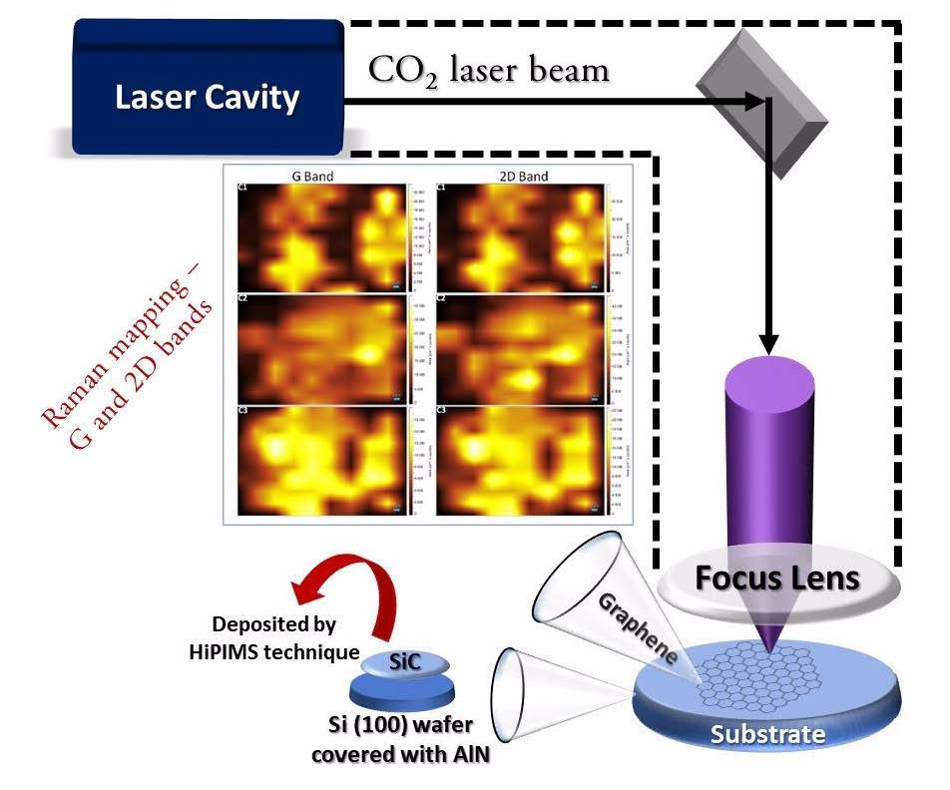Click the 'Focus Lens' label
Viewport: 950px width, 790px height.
pos(777,579)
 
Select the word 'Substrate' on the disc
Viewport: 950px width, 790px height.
pos(767,735)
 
